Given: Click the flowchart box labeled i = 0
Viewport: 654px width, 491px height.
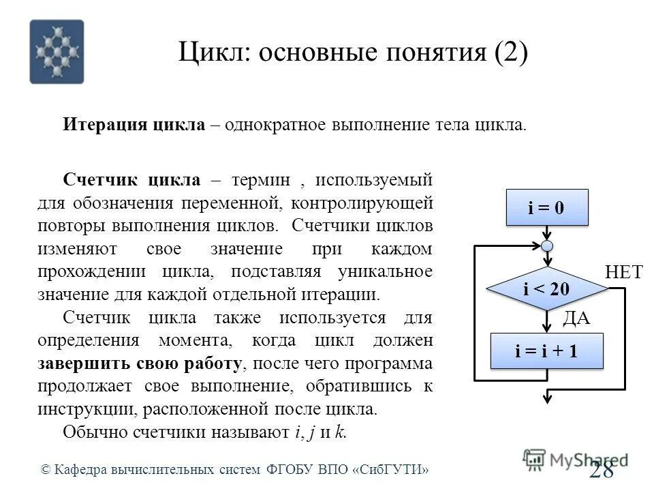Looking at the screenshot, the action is pyautogui.click(x=546, y=207).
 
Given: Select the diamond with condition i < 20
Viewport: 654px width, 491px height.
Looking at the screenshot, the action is pyautogui.click(x=546, y=288).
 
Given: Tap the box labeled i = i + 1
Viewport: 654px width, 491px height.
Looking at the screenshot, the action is pyautogui.click(x=546, y=351).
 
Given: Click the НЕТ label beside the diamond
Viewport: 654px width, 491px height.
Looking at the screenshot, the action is pyautogui.click(x=623, y=273).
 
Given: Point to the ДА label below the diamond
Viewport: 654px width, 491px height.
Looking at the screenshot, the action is pyautogui.click(x=576, y=318).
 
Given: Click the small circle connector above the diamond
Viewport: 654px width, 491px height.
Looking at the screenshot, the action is pyautogui.click(x=547, y=245).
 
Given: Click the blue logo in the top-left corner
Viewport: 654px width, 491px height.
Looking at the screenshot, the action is pyautogui.click(x=57, y=52).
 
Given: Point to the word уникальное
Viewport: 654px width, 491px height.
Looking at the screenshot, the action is pyautogui.click(x=385, y=271).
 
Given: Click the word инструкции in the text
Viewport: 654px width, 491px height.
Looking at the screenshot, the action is pyautogui.click(x=77, y=409).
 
